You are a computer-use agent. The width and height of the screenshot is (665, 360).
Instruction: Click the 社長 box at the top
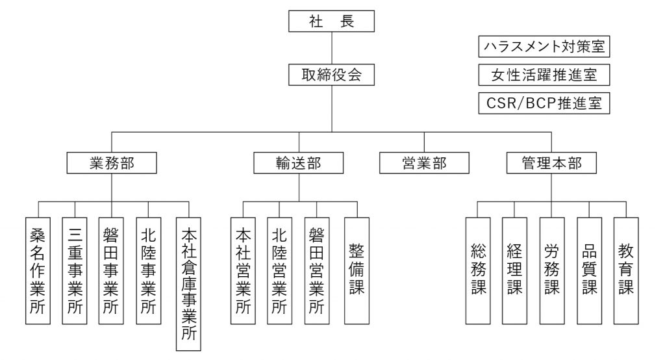coord(331,21)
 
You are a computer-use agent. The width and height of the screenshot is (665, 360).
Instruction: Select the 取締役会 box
coord(331,75)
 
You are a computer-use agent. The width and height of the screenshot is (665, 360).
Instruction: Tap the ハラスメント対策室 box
coord(544,46)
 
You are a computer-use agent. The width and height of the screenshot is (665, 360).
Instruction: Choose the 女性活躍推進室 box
coord(544,75)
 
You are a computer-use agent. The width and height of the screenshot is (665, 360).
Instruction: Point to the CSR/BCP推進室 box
coord(544,103)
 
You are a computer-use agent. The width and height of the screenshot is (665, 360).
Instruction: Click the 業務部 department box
coord(112,163)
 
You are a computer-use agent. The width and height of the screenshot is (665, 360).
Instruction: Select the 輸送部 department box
coord(299,163)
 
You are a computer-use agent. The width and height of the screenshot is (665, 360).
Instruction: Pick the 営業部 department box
coord(424,163)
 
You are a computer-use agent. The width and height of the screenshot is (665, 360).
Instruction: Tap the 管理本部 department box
coord(551,163)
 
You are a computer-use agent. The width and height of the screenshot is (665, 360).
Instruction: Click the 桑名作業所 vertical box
coord(38,271)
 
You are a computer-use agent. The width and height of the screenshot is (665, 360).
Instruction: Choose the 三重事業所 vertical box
coord(75,271)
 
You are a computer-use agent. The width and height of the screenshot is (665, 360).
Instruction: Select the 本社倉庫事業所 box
coord(189,284)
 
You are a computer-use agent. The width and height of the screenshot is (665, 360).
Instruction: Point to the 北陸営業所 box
coord(279,271)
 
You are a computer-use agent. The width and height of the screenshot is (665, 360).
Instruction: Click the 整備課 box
coord(357,271)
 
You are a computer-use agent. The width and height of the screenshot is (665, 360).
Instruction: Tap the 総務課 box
coord(478,271)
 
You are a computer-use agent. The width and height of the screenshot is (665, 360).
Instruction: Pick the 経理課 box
coord(514,271)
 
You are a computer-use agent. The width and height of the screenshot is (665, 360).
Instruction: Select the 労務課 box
coord(552,271)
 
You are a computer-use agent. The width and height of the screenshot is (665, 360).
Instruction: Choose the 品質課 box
coord(590,271)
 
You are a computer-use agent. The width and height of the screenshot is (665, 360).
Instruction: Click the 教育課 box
coord(626,271)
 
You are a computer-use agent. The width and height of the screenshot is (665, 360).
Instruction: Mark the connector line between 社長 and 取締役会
coord(332,48)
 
